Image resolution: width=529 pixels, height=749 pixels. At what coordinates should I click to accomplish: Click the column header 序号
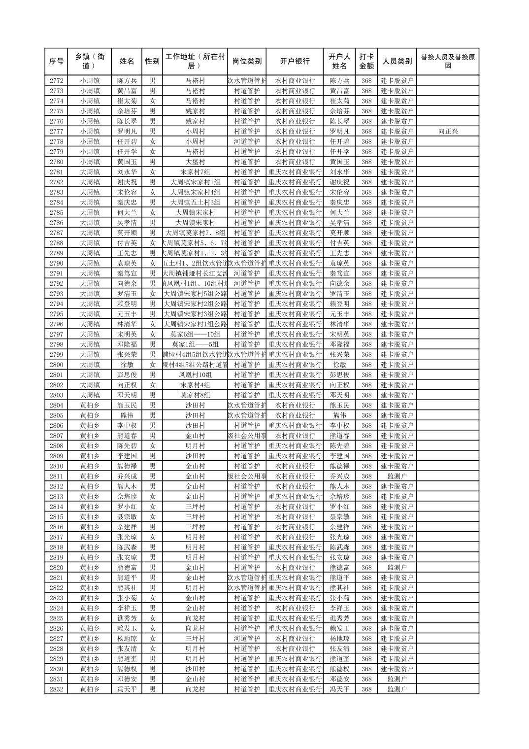point(57,62)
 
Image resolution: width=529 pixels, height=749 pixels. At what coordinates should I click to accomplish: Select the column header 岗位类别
point(247,62)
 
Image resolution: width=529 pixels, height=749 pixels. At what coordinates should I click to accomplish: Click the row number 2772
point(57,81)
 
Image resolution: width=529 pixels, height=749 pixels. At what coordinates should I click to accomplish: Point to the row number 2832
point(57,689)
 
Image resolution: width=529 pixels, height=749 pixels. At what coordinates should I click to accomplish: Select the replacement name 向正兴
point(447,132)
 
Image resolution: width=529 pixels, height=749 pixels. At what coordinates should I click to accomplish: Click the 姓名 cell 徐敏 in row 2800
point(127,365)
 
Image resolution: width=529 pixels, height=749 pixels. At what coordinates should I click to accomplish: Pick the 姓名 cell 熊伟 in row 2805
point(127,415)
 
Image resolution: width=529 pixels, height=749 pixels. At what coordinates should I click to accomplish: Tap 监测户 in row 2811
point(397,477)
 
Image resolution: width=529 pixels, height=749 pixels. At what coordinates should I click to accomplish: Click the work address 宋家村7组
point(195,172)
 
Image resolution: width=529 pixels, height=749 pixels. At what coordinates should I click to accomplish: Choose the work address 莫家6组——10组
point(195,334)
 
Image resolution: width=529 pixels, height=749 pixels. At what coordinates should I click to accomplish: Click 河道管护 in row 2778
point(247,141)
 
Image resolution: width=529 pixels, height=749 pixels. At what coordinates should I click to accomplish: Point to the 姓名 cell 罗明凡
point(127,132)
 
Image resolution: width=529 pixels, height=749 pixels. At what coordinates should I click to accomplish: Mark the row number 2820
point(57,568)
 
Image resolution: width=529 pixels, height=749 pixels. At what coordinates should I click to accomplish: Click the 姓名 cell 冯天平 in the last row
point(127,689)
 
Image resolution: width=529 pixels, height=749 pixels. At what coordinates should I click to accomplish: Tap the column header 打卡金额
point(366,62)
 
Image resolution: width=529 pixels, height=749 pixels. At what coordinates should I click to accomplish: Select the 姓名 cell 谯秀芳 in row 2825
point(127,618)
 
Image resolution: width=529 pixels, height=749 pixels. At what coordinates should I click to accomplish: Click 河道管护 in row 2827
point(247,639)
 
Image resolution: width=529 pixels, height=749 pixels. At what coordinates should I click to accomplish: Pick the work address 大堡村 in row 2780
point(195,162)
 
